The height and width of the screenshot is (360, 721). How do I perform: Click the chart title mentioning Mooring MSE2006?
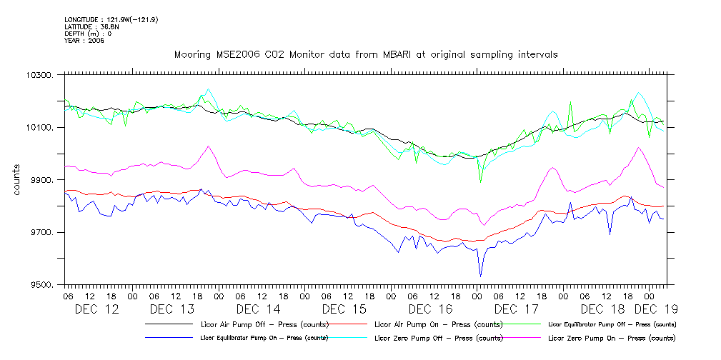pos(366,54)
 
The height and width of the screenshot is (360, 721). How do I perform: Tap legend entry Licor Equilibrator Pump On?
pos(264,337)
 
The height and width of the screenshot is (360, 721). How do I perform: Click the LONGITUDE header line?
pos(111,19)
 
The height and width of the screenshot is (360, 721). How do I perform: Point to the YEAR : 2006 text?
pos(84,41)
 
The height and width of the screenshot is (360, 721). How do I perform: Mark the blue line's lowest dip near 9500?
pos(480,276)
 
